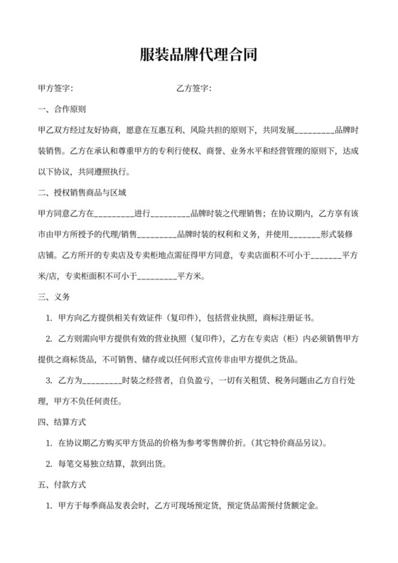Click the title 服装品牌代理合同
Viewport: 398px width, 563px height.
click(198, 55)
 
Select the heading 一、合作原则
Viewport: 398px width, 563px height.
click(62, 109)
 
